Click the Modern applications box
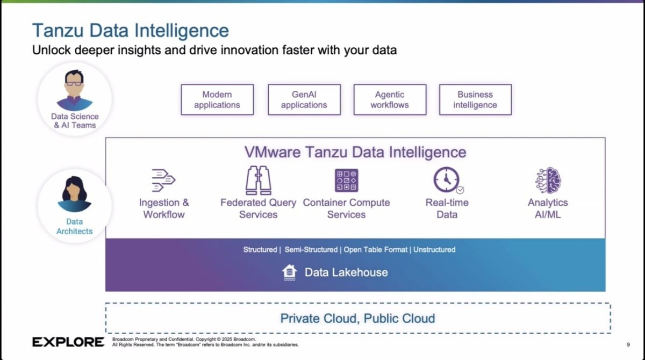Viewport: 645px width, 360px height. tap(217, 99)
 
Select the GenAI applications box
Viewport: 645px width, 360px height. tap(304, 99)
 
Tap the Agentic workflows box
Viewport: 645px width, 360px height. tap(390, 99)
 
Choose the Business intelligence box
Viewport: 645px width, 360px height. tap(475, 99)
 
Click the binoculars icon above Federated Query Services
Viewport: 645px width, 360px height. tap(259, 181)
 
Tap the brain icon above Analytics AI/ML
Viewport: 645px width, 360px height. tap(548, 181)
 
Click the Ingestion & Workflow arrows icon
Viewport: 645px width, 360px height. tap(163, 180)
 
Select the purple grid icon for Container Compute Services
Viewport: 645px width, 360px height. tap(346, 181)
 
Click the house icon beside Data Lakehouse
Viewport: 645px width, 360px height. tap(289, 272)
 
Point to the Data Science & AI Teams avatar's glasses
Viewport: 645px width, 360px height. tap(74, 84)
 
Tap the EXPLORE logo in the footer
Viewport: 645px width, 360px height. tap(68, 342)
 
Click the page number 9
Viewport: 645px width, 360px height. tap(628, 344)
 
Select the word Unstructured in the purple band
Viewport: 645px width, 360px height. tap(434, 249)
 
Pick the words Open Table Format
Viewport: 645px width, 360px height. tap(376, 249)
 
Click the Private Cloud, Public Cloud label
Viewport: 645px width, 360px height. tap(357, 318)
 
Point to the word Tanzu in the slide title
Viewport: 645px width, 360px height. tap(58, 30)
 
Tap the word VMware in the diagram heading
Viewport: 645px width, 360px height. tap(273, 152)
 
